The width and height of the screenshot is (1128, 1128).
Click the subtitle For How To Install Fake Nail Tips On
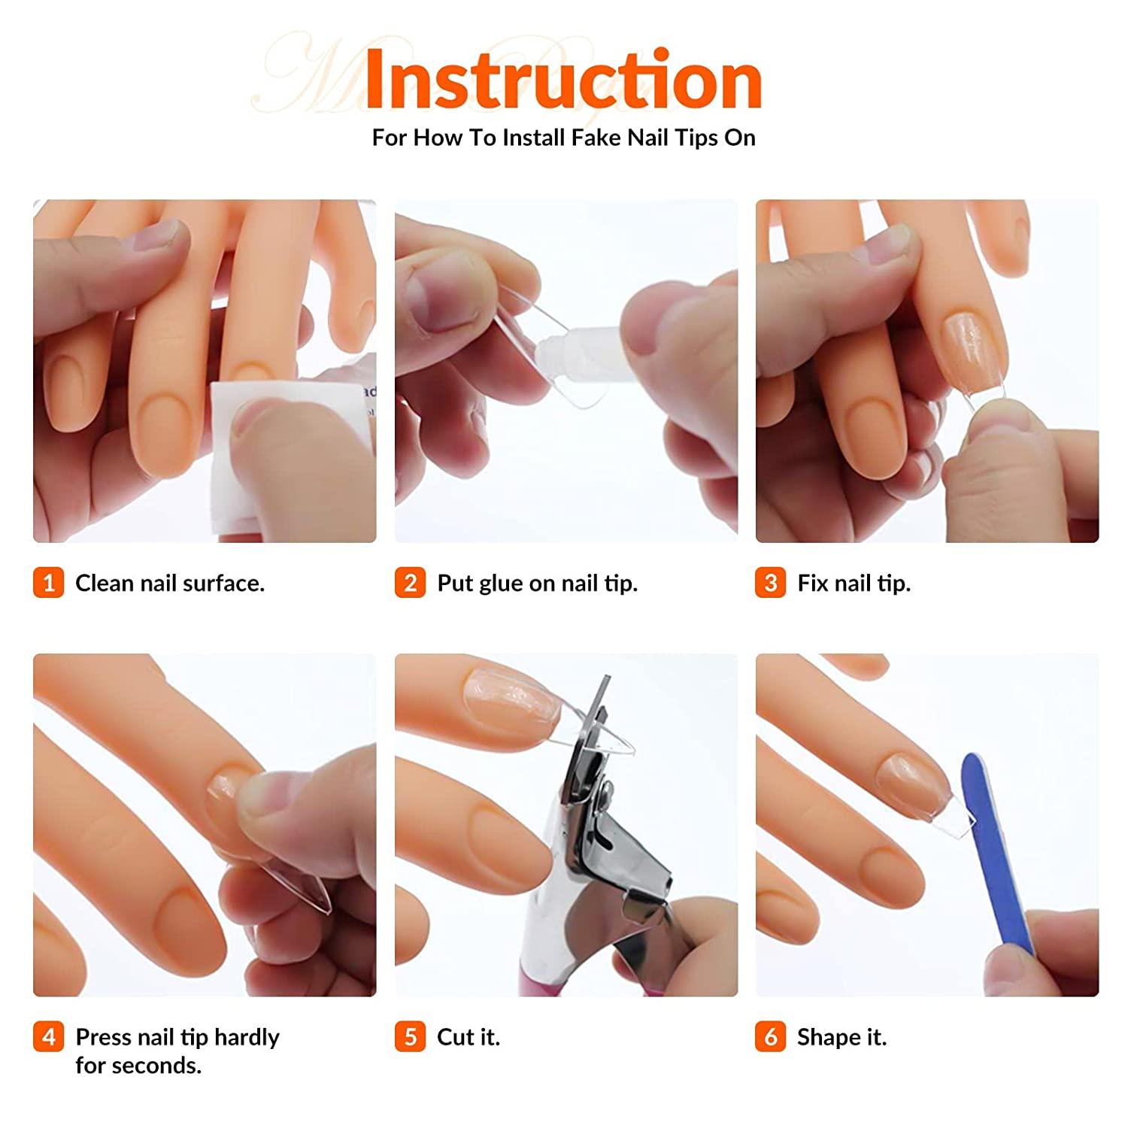564,138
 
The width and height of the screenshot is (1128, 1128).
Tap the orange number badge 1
49,583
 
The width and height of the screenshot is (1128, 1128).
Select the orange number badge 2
410,583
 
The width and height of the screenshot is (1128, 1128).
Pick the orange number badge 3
770,583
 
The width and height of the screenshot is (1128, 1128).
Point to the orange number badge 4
49,1037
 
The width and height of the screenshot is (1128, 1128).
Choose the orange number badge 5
410,1037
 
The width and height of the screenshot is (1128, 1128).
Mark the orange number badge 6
770,1037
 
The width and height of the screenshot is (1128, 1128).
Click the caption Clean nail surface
170,583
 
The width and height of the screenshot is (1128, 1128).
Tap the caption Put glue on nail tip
537,583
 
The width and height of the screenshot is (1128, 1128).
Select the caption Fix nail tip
854,583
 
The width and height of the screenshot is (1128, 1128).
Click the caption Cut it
468,1037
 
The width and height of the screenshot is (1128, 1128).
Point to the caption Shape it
841,1037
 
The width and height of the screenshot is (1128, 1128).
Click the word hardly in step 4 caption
247,1037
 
